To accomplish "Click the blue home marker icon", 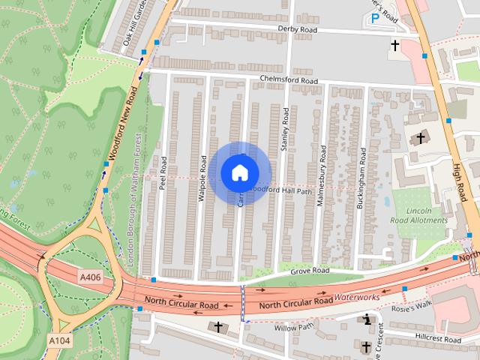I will [239, 172].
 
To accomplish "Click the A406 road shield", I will [89, 278].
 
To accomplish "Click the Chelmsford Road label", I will [289, 80].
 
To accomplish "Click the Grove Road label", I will [310, 270].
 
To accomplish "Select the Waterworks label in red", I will [357, 298].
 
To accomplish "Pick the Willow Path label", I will [293, 328].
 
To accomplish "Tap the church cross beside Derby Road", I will [394, 46].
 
